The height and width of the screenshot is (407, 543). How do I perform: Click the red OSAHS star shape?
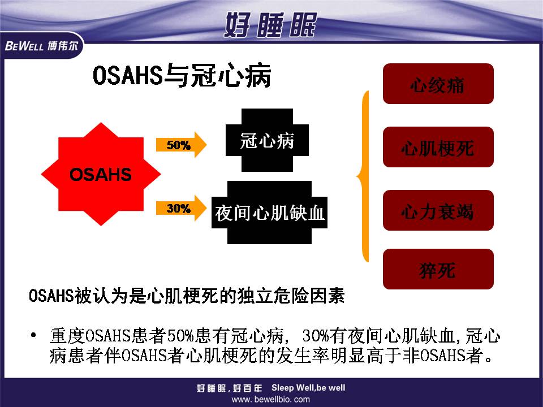(x=101, y=174)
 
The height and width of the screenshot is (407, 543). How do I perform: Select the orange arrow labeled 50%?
(x=181, y=145)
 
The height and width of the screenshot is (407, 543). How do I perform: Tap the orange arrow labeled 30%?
(x=181, y=209)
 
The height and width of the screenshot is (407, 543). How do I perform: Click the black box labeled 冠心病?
(x=267, y=140)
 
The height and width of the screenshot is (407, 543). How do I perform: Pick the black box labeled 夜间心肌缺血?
(x=269, y=213)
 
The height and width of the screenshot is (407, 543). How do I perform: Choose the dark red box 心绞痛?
(x=438, y=84)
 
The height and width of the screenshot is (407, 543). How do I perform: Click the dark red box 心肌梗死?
(x=438, y=147)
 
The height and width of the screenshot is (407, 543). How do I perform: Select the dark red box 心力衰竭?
(x=438, y=210)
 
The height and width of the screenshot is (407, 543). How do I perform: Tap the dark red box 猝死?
(x=438, y=269)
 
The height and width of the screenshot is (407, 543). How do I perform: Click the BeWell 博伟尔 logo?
(x=41, y=46)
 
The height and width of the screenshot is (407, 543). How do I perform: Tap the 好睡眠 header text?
(x=270, y=25)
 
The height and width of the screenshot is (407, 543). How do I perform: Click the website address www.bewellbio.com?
(x=271, y=400)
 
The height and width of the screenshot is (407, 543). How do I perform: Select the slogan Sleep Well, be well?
(x=308, y=388)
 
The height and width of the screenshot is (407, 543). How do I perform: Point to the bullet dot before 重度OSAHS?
(x=33, y=335)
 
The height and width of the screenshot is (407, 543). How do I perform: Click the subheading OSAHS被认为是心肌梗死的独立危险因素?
(x=187, y=296)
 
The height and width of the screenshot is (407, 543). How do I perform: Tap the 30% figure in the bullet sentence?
(x=316, y=335)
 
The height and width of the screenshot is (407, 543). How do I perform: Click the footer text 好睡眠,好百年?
(x=230, y=388)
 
